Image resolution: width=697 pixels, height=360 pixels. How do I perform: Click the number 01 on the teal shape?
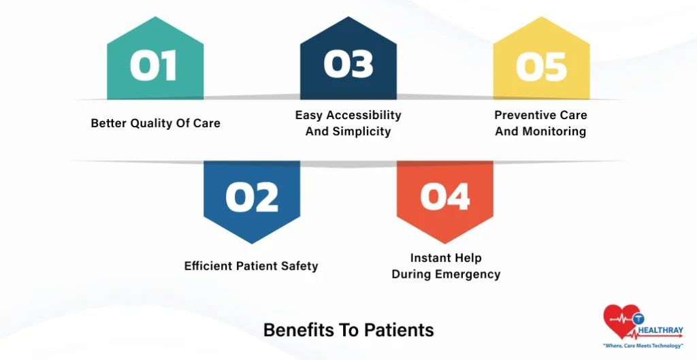[x=154, y=67]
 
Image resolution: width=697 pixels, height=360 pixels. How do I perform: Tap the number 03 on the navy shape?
[x=348, y=65]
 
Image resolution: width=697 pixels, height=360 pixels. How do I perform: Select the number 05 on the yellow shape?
[x=541, y=67]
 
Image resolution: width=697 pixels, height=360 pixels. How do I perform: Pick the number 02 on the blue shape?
[x=251, y=197]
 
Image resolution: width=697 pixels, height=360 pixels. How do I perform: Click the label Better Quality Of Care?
[x=155, y=124]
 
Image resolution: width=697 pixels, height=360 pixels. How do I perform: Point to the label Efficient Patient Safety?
[x=250, y=266]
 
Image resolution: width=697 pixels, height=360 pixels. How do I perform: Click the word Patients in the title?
[x=399, y=330]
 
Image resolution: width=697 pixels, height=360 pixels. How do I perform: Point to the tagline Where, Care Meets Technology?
[x=643, y=346]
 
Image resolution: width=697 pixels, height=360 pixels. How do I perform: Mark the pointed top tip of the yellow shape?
[x=541, y=17]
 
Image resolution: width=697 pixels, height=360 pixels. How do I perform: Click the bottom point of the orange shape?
[x=445, y=244]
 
